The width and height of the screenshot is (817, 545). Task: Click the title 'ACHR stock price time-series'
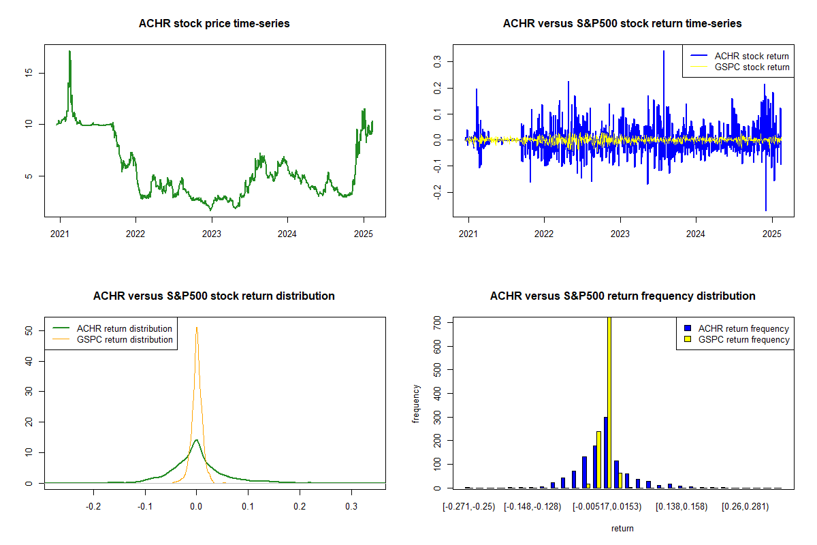point(214,24)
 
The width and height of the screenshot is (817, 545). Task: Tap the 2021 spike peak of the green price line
point(69,51)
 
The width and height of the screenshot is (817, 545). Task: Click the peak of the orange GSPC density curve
point(197,328)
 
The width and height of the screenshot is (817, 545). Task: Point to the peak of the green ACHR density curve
point(196,440)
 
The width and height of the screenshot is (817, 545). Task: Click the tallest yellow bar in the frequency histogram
point(609,402)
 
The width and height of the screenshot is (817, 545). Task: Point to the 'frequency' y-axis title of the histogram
point(416,404)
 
